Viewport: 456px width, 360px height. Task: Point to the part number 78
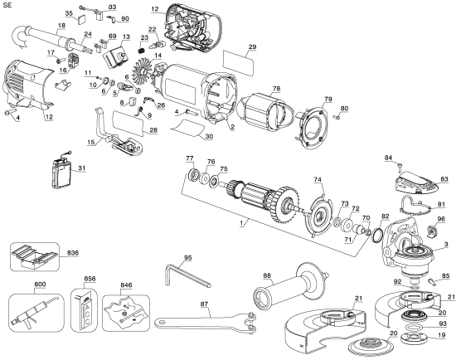click(x=276, y=88)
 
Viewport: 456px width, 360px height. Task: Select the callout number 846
click(x=125, y=284)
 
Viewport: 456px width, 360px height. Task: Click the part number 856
click(x=90, y=279)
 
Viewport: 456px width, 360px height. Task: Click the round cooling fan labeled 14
click(x=133, y=74)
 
